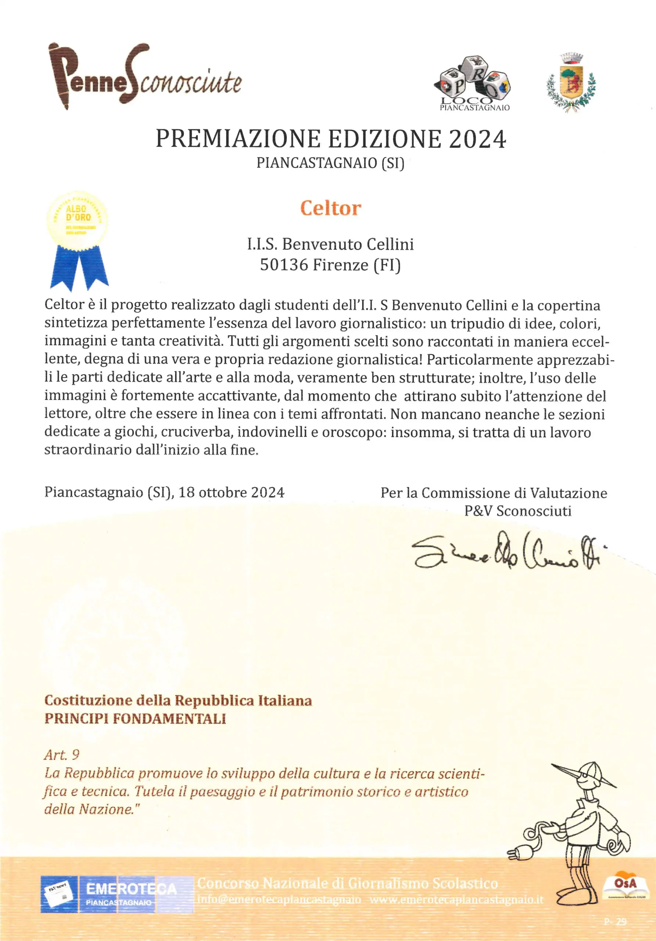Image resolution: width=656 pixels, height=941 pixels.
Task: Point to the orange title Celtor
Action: point(330,208)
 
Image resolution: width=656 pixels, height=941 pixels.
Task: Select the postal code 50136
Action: point(284,265)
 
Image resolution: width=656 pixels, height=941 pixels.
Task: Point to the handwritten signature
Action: point(506,551)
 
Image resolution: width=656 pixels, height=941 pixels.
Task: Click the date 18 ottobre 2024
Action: point(231,492)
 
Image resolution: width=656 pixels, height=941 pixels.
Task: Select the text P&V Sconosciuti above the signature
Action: point(517,511)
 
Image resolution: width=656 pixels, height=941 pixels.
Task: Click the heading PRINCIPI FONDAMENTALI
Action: point(135,719)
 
